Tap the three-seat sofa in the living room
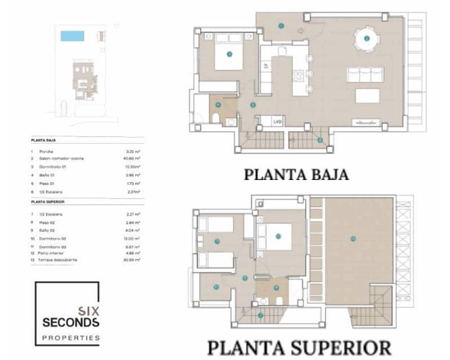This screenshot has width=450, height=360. point(365,75)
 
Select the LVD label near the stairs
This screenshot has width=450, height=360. point(277,121)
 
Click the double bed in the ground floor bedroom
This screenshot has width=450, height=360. point(228,52)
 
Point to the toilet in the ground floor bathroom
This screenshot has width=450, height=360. point(215,118)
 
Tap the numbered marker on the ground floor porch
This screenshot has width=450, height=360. point(281,25)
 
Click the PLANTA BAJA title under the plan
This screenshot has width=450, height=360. point(296,174)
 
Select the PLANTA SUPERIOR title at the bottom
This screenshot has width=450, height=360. point(299,347)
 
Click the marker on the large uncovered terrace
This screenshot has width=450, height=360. point(353,238)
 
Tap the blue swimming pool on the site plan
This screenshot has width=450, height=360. point(72,36)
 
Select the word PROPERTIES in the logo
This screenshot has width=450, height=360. point(71,337)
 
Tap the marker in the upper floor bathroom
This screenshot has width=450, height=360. point(276,288)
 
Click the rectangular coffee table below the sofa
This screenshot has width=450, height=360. point(367,96)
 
